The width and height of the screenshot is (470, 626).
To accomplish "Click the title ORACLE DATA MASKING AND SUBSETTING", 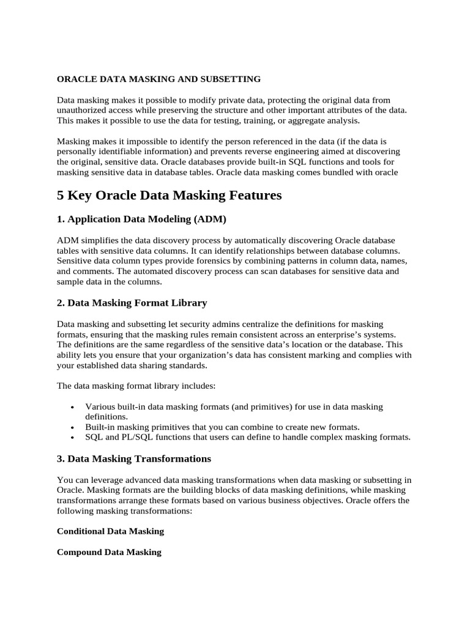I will pyautogui.click(x=159, y=79).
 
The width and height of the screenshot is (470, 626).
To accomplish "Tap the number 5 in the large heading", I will pyautogui.click(x=61, y=196).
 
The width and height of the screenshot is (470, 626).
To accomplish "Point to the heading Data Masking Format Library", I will pyautogui.click(x=137, y=303).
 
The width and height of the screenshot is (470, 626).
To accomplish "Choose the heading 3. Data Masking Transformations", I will pyautogui.click(x=134, y=458).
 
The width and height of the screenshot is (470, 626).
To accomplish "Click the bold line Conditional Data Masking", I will pyautogui.click(x=110, y=531).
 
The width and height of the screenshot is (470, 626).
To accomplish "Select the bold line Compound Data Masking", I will pyautogui.click(x=109, y=552).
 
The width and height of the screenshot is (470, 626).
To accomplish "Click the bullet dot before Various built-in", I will pyautogui.click(x=73, y=407).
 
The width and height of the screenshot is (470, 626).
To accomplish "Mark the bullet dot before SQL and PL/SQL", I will pyautogui.click(x=73, y=438).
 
